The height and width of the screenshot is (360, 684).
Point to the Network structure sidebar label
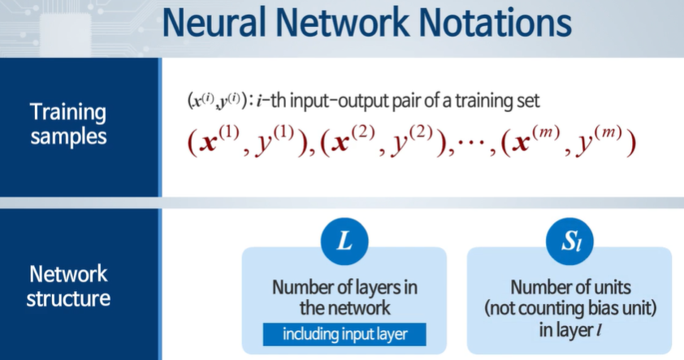tap(68, 285)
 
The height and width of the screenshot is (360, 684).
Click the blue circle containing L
tap(344, 242)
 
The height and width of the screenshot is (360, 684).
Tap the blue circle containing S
tap(569, 242)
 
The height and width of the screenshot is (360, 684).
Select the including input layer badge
tap(344, 334)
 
